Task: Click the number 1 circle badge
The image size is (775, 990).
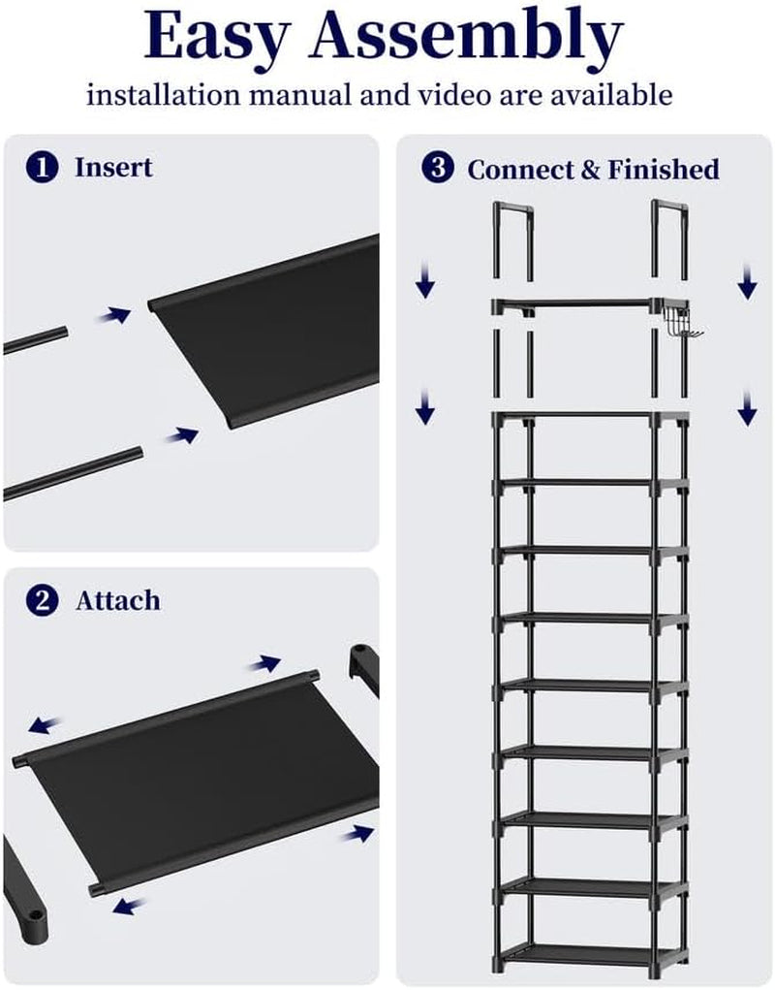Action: (43, 168)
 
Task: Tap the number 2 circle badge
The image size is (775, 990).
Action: (43, 600)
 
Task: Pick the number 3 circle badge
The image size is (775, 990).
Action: (438, 168)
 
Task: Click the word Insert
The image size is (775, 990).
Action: (113, 168)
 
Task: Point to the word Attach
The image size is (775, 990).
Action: (118, 600)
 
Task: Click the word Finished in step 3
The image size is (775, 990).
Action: (664, 170)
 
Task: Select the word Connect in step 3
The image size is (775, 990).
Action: (520, 170)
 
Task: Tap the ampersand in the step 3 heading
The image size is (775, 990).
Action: (591, 170)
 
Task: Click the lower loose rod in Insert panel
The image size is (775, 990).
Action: (74, 473)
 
